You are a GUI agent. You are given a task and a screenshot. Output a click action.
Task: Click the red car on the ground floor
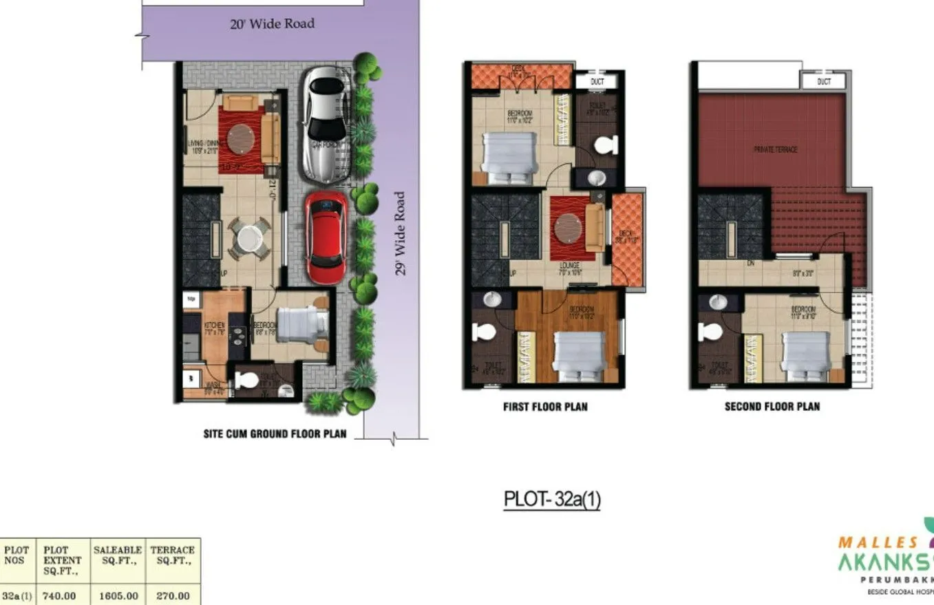point(326,237)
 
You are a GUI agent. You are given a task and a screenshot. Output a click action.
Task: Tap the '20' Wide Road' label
point(272,24)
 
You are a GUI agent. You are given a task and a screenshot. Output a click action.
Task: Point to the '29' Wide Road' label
point(401,233)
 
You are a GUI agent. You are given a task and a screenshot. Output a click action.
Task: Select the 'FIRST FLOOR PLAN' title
point(545,407)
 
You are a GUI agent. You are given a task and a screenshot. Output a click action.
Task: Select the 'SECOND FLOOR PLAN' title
point(772,407)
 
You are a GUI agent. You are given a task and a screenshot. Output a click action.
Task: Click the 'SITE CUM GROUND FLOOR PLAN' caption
point(275,434)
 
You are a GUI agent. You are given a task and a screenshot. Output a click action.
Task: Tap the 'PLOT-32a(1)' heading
point(552,499)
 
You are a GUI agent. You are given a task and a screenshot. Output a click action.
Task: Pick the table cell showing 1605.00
point(118,595)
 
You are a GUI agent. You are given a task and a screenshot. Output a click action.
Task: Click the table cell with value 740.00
point(59,595)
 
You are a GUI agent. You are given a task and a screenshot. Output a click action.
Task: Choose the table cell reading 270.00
point(172,595)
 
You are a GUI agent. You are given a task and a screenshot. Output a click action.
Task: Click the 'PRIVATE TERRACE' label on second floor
point(776,149)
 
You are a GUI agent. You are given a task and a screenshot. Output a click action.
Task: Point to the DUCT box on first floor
point(597,81)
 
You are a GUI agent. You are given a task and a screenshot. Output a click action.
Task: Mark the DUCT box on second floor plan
point(823,81)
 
